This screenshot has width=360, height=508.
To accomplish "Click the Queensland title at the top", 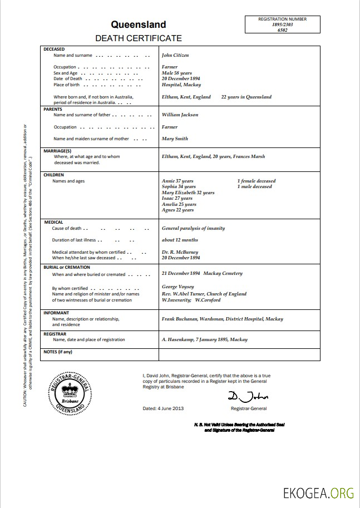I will click(138, 24).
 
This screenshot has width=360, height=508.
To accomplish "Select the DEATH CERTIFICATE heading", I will click(138, 38).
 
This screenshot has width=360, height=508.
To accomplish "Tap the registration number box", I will click(282, 25).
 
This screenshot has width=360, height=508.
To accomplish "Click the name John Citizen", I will click(175, 56).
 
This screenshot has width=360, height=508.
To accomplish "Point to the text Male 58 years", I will click(176, 73).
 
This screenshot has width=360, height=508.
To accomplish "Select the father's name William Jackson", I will click(180, 115).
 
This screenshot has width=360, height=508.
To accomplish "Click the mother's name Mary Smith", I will click(175, 139).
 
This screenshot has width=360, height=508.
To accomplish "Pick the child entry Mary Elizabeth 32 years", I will click(188, 193).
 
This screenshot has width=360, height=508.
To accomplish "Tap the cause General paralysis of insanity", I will click(193, 228).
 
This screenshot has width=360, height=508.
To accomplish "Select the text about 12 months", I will click(180, 240).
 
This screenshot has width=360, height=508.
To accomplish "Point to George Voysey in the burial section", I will click(177, 287).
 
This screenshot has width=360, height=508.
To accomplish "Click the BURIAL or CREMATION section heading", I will click(66, 267).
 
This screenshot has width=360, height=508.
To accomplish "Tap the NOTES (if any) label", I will click(58, 352).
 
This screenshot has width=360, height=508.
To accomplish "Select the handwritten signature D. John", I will click(248, 396).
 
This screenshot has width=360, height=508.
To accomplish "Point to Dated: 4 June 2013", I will click(163, 408).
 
